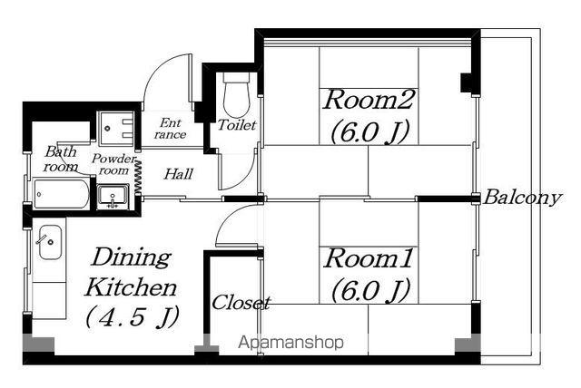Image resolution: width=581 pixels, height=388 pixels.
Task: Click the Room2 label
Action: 368,100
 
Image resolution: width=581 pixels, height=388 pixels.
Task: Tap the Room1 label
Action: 368,258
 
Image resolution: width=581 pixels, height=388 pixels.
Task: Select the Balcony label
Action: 523,198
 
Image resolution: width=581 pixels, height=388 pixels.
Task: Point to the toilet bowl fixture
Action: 236,94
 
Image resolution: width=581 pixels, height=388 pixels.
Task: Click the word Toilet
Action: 236,125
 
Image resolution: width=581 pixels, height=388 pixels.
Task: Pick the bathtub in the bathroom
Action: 61,193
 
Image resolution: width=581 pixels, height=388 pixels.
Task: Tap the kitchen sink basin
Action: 50,242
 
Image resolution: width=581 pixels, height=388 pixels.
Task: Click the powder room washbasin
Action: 113,197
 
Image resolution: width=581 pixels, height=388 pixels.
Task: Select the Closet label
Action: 241,303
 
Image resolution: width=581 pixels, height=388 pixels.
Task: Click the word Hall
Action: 179,174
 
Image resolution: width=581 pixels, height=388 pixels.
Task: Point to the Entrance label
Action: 170,129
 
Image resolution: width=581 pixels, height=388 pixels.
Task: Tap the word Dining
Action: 131,258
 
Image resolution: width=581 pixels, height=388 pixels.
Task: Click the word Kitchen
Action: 131,287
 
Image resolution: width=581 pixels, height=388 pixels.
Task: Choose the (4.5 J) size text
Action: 133,317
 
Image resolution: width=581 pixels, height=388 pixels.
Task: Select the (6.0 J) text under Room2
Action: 369,131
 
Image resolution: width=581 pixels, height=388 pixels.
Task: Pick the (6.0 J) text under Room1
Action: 370,290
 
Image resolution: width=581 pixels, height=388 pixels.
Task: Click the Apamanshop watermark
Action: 290,343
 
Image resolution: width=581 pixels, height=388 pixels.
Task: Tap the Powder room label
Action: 113,165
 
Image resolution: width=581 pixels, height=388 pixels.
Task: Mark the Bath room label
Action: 61,159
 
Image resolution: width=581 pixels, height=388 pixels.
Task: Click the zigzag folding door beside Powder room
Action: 139,176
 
